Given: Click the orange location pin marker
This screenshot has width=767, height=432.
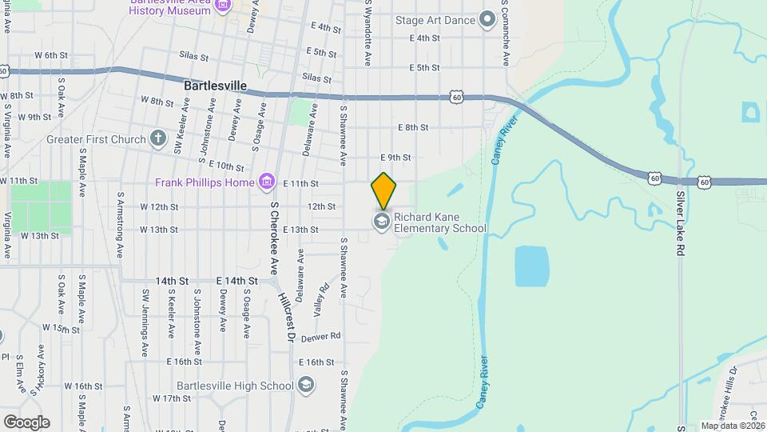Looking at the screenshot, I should [x=383, y=190].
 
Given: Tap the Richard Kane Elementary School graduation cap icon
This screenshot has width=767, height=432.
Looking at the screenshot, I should [x=382, y=222].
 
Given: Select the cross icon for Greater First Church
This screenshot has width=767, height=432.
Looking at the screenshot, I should [x=157, y=138].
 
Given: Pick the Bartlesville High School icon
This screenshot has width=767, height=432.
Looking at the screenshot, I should [x=304, y=386].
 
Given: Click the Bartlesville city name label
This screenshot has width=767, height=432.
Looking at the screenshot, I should [x=215, y=85].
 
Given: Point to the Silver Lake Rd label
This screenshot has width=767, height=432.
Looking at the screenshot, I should [x=681, y=211].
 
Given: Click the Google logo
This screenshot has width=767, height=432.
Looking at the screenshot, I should [x=26, y=422].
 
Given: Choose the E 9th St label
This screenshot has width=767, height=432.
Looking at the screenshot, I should [x=395, y=158].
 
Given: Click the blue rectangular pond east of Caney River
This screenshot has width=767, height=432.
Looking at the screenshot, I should [x=532, y=266].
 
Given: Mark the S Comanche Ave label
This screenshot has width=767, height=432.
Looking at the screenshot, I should [x=506, y=34].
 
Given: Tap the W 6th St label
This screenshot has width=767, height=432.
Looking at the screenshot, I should [x=51, y=54].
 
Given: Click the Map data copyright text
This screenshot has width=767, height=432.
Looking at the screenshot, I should [x=732, y=426].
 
